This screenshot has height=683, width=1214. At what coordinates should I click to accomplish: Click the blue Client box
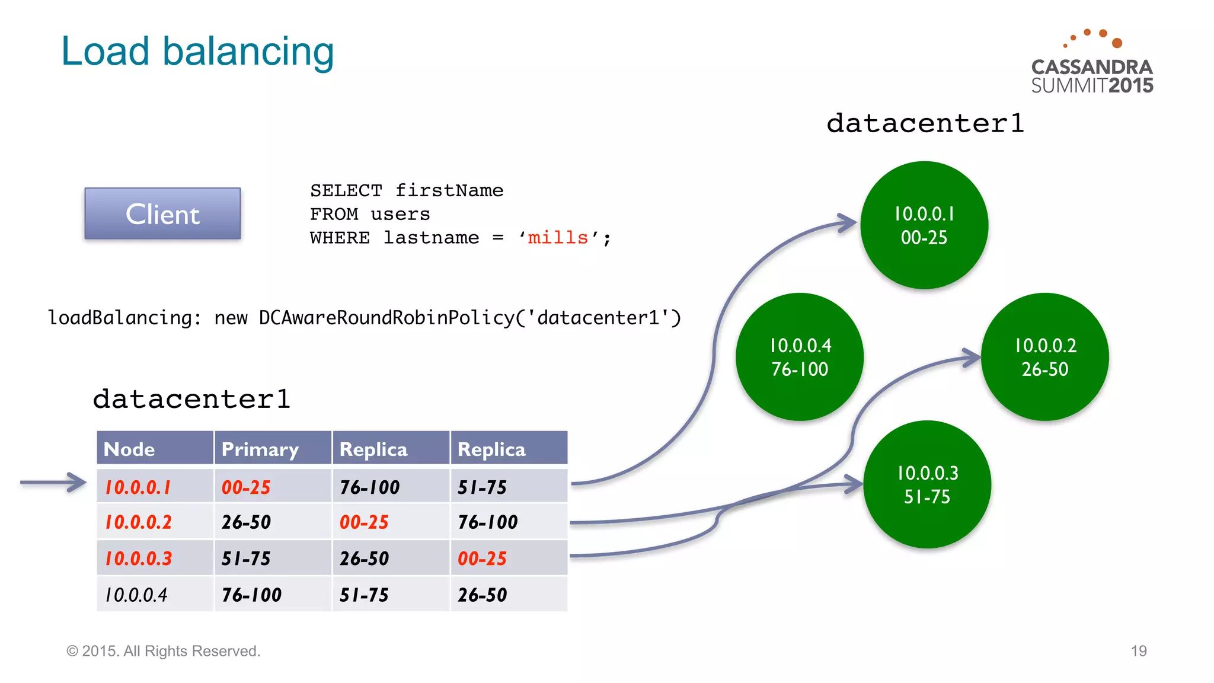click(x=162, y=214)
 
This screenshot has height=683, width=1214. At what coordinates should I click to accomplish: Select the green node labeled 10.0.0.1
click(x=924, y=225)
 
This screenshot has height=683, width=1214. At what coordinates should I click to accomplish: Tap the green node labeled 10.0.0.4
click(x=800, y=357)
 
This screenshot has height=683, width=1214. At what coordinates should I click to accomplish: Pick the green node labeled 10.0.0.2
click(x=1045, y=357)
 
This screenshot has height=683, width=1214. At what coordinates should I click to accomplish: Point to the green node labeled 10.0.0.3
click(x=927, y=484)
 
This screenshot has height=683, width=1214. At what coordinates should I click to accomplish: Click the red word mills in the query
click(x=557, y=238)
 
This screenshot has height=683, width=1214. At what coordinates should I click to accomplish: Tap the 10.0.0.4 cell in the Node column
click(x=137, y=595)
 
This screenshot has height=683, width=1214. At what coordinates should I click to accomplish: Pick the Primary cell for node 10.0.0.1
click(x=246, y=487)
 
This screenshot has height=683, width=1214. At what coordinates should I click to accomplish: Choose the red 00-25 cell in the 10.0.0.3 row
click(x=483, y=558)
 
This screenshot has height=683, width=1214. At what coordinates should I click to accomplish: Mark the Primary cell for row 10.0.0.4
click(x=252, y=595)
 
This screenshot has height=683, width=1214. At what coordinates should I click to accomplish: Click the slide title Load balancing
click(x=197, y=52)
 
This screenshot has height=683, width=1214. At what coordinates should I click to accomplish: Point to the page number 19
click(x=1138, y=651)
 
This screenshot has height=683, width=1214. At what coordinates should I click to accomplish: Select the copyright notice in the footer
click(x=163, y=651)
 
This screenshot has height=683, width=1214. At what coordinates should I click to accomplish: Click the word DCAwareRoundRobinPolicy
click(x=386, y=318)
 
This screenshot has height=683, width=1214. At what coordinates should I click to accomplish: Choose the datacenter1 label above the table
click(x=191, y=399)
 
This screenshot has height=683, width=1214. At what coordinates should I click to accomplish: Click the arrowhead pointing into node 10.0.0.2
click(x=972, y=357)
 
